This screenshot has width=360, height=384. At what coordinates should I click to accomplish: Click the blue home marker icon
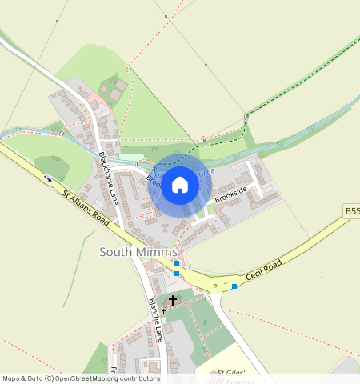coord(180,186)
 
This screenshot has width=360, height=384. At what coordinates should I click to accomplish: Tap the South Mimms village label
coord(138,252)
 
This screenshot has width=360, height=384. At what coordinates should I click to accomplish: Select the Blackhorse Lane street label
coord(108,177)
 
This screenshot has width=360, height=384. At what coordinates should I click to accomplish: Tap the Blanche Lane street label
coord(156,320)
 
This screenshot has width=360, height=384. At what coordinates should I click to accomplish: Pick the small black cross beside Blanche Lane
coord(163,310)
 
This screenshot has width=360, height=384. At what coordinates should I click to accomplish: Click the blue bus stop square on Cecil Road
coord(234,286)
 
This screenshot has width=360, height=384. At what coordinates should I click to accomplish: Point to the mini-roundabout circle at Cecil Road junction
coord(214,286)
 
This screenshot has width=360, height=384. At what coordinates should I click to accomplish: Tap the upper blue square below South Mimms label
coord(177,262)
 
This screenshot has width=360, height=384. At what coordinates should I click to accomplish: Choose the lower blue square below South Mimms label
coord(177,274)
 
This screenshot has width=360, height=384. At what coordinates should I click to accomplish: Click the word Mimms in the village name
coord(158,252)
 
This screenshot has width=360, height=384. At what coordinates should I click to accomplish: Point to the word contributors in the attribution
coord(140,378)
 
